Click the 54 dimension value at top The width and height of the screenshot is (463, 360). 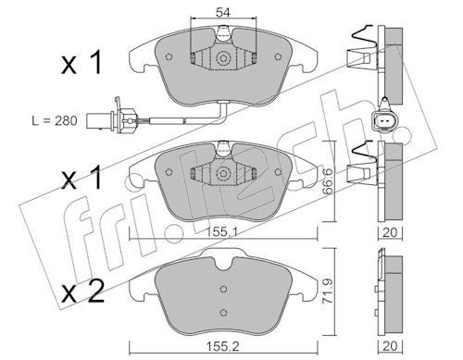pyautogui.click(x=223, y=13)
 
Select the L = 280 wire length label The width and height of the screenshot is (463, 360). pyautogui.click(x=55, y=120)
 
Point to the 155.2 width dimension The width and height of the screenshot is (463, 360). pyautogui.click(x=223, y=347)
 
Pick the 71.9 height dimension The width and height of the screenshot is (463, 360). pyautogui.click(x=327, y=291)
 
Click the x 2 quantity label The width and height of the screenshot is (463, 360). pyautogui.click(x=82, y=292)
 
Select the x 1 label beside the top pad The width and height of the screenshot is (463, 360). pyautogui.click(x=81, y=63)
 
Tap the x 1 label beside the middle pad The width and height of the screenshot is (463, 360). pyautogui.click(x=81, y=177)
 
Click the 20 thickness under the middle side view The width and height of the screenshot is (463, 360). pyautogui.click(x=390, y=232)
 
